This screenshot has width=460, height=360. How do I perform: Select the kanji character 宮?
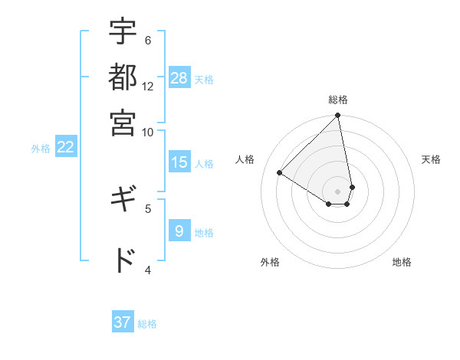coord(123,122)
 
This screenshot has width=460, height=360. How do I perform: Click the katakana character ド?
coord(123,260)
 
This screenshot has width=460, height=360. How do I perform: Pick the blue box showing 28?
coord(179,78)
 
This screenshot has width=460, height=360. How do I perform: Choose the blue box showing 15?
coord(179,162)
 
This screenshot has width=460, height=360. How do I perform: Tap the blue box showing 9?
coord(179,231)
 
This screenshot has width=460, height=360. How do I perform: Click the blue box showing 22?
coord(65,148)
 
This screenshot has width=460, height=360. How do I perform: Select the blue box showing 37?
coord(123,322)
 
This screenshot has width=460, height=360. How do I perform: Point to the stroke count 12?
coord(148,87)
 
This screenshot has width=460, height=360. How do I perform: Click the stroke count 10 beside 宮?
coord(148,132)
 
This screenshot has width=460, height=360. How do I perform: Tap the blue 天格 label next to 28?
coord(204,79)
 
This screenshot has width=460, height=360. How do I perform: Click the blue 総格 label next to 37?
coord(147,324)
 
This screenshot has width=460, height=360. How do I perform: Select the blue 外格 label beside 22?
coord(41,149)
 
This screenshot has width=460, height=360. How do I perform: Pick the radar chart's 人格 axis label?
coord(245,159)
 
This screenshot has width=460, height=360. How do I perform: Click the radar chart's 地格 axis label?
coord(402,262)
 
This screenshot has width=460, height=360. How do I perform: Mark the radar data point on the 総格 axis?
coord(337,116)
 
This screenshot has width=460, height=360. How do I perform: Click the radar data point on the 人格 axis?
coord(279,172)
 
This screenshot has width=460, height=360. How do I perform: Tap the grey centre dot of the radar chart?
coord(337,191)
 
